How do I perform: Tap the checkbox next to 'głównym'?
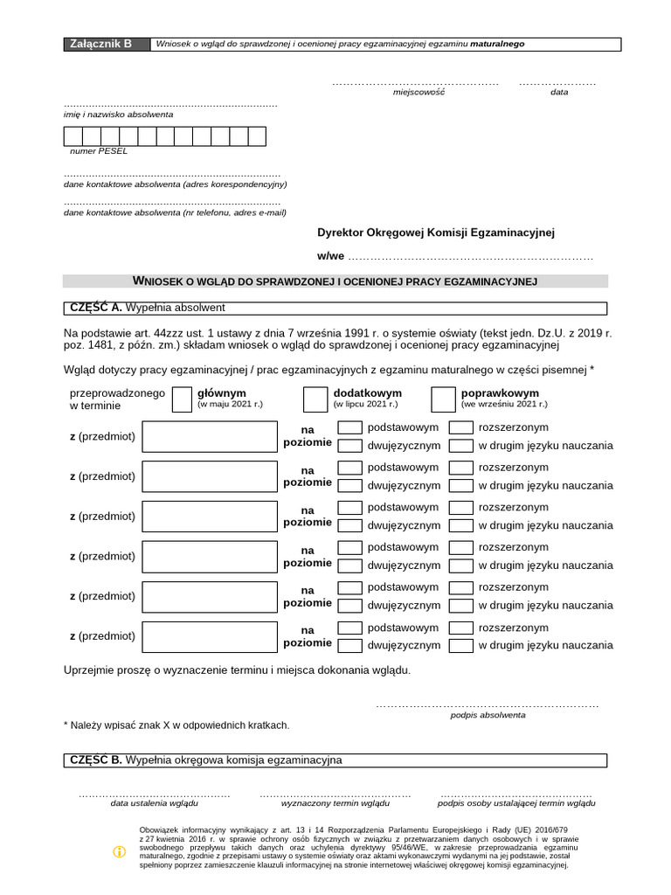click(182, 399)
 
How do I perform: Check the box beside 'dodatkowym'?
click(315, 399)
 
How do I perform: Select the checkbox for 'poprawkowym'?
click(443, 399)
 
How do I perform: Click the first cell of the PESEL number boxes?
click(73, 136)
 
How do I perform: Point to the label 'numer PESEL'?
click(99, 151)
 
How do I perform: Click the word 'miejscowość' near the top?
click(419, 92)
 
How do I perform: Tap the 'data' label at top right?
click(559, 92)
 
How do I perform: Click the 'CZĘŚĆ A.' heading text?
click(95, 308)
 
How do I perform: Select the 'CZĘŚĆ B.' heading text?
click(95, 760)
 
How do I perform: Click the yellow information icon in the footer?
click(120, 852)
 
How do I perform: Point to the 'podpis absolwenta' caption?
click(488, 715)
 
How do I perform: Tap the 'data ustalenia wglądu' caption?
click(154, 802)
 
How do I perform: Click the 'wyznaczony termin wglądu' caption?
click(336, 802)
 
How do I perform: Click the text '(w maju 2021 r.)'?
click(230, 405)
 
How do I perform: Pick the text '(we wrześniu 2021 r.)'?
click(504, 405)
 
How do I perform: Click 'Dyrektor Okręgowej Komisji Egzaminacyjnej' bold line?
click(436, 232)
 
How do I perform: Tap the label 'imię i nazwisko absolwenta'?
click(118, 114)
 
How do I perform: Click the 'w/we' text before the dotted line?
click(330, 257)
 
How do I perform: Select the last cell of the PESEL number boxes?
click(257, 136)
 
